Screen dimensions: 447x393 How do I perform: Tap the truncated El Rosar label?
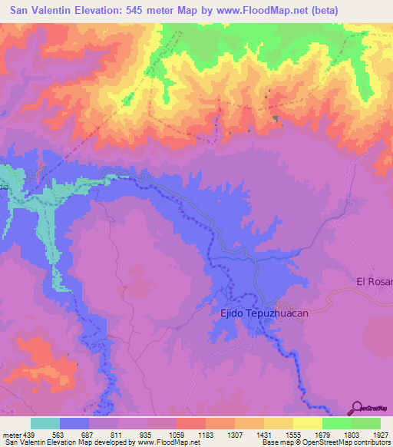(374, 282)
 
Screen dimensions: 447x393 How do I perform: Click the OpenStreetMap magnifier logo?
(358, 407)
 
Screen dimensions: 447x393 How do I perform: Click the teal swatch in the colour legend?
(45, 423)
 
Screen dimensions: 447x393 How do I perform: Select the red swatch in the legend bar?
(191, 423)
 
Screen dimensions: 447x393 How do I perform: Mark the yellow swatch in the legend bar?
(308, 423)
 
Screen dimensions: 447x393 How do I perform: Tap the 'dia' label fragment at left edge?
(4, 187)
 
